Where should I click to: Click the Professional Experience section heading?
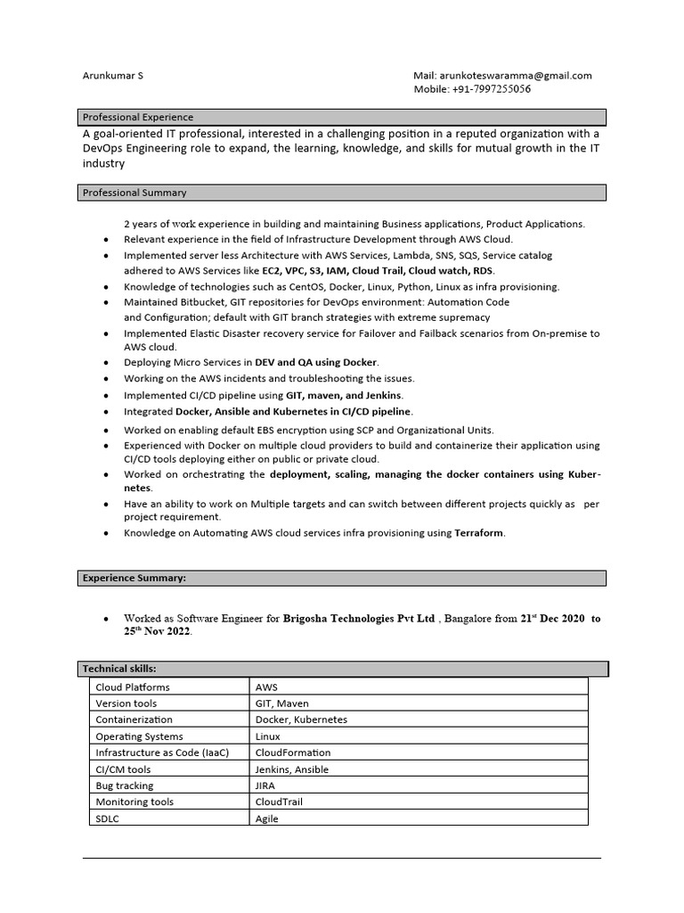(x=138, y=117)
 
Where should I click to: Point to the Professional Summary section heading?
(x=134, y=193)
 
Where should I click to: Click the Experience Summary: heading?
(x=134, y=578)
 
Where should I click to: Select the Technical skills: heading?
(x=119, y=669)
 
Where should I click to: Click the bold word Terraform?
(x=479, y=533)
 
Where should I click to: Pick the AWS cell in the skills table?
(x=267, y=687)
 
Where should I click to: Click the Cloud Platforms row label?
(x=133, y=687)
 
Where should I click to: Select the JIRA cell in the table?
(x=266, y=786)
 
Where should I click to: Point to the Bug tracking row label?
(x=125, y=786)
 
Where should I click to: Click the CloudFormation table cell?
(x=293, y=753)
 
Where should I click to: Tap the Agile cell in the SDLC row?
(x=267, y=818)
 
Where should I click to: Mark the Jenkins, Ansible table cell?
(x=292, y=769)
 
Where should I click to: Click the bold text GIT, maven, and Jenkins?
(x=344, y=395)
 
